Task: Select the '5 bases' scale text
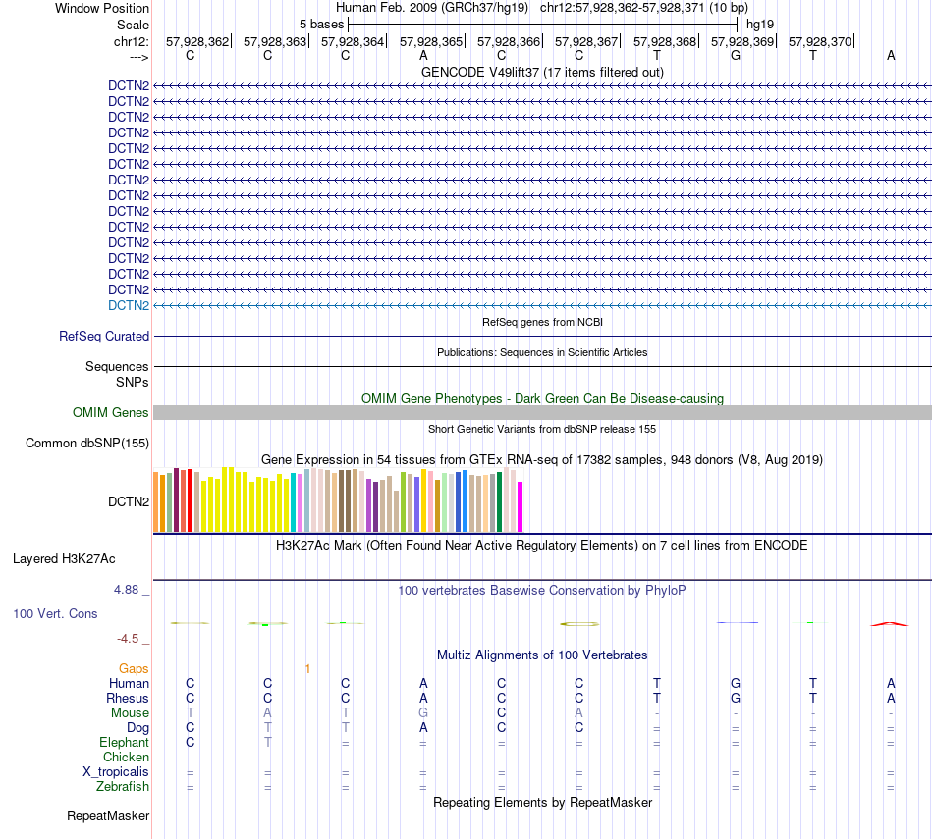click(x=321, y=23)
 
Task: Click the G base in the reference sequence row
click(x=735, y=56)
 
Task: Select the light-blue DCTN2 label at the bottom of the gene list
click(x=129, y=305)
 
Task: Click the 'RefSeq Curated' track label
click(x=104, y=336)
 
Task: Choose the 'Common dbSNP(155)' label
click(x=86, y=444)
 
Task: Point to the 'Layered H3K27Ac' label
click(x=64, y=559)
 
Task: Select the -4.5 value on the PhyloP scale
click(x=128, y=639)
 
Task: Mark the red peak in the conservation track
click(x=890, y=623)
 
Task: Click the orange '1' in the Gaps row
click(x=307, y=669)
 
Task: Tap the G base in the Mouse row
click(x=423, y=713)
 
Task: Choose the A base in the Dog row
click(x=423, y=728)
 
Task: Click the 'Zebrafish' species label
click(x=123, y=787)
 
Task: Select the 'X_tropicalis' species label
click(x=116, y=772)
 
